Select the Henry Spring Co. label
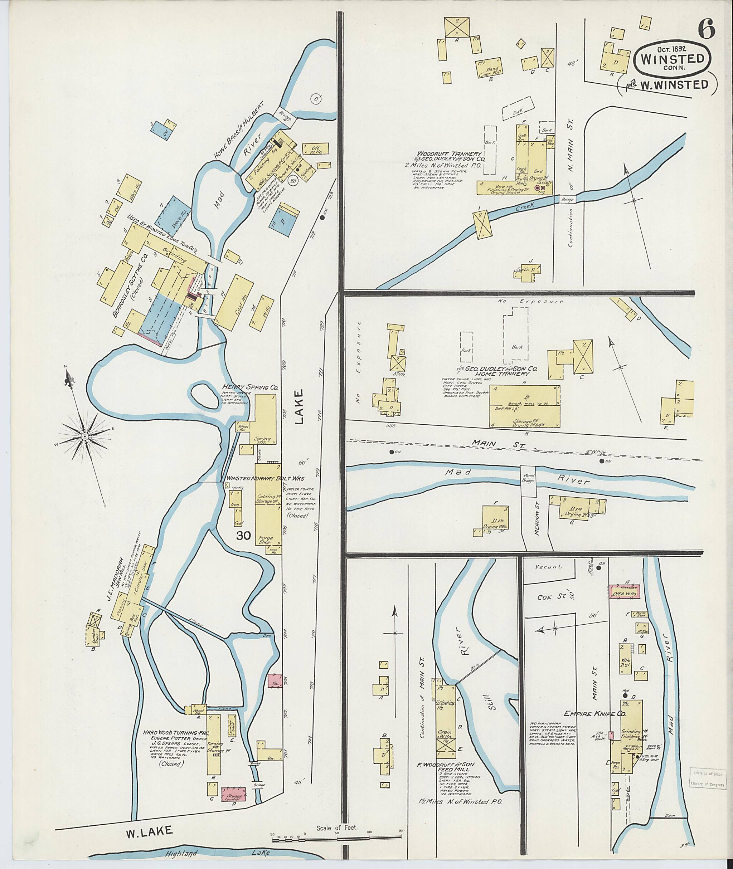[x=250, y=387]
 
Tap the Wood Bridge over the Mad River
[x=528, y=480]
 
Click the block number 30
[x=243, y=536]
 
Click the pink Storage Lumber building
[x=233, y=795]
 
